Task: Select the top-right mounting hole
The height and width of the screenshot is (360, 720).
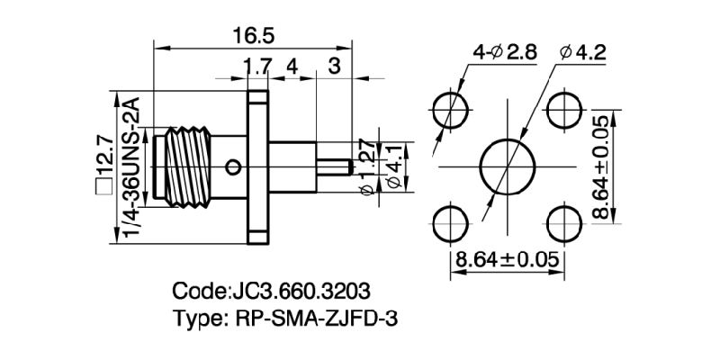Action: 562,111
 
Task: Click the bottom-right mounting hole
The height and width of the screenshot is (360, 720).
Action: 562,224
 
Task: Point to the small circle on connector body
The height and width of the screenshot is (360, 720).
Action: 234,166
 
